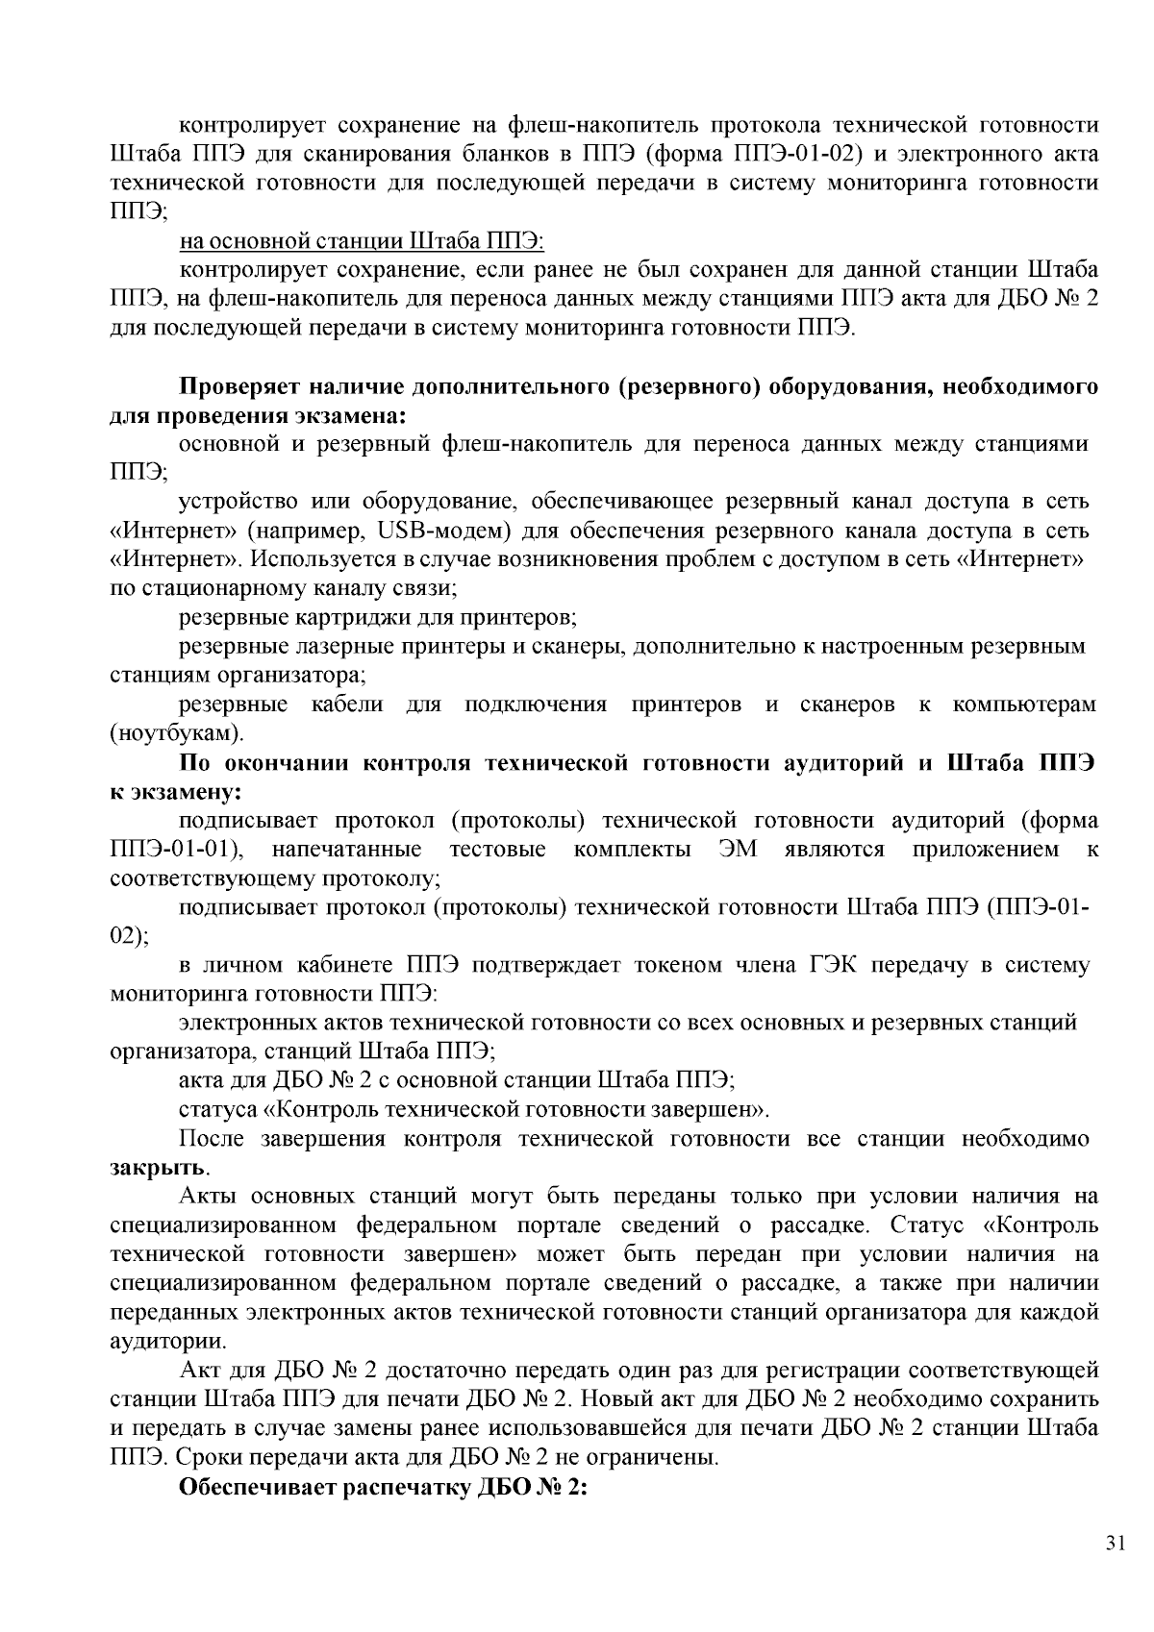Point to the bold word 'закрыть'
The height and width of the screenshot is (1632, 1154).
(x=158, y=1169)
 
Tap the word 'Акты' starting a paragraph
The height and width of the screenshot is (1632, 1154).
(x=208, y=1197)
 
